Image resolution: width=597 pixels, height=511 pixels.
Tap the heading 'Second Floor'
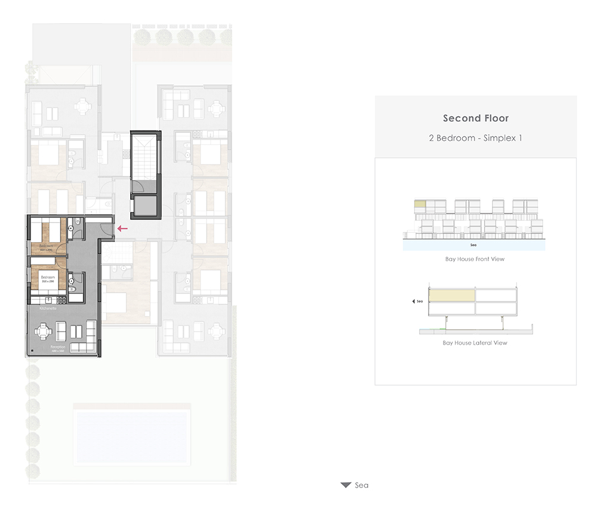(476, 118)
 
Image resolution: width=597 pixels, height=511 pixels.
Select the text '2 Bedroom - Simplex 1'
(476, 138)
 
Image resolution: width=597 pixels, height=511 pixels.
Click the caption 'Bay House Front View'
(475, 259)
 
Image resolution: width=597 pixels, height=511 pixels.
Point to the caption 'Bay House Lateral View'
(475, 343)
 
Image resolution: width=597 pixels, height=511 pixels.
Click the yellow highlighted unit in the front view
(420, 205)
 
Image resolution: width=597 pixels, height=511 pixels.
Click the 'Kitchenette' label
(48, 309)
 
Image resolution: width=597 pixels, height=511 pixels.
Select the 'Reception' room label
(57, 346)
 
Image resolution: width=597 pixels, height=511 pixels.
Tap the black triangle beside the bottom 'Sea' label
(346, 485)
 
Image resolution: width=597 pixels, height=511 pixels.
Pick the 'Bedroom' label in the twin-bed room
(47, 246)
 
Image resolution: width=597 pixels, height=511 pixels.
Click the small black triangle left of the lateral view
(414, 302)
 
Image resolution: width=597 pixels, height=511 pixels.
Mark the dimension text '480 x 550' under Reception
(57, 351)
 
